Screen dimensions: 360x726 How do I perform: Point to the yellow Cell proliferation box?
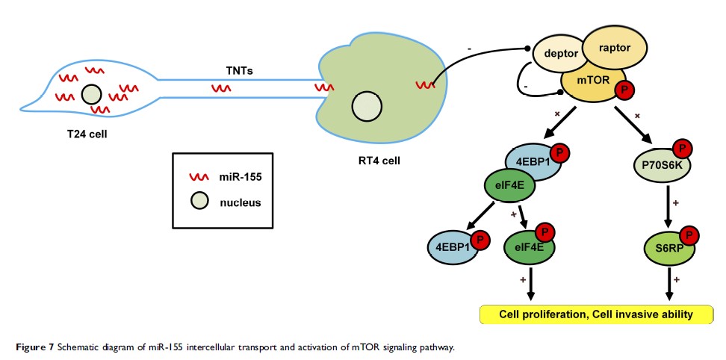click(595, 314)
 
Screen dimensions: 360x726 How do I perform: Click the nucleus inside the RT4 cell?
click(367, 106)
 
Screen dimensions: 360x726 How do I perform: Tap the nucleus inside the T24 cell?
click(92, 95)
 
